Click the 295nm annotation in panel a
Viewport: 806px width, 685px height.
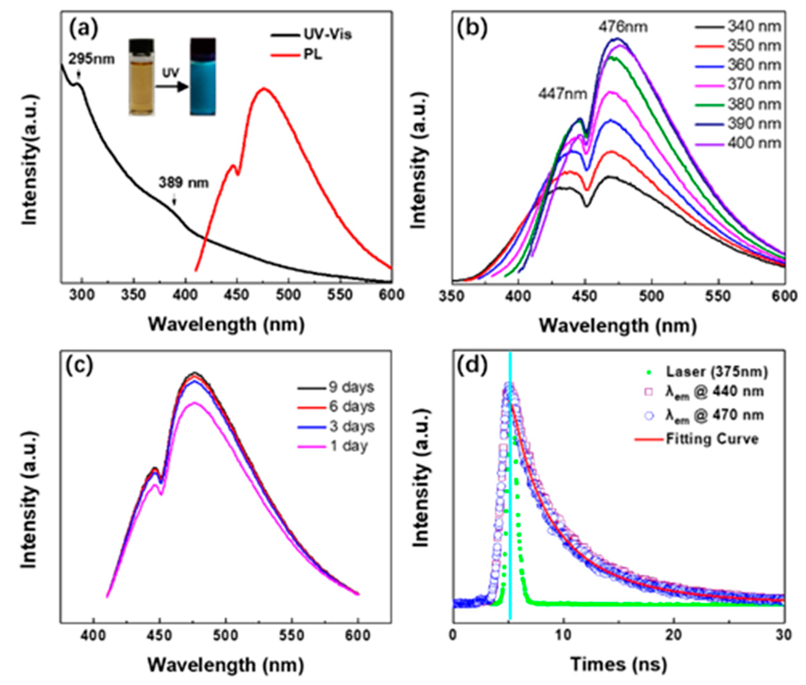coord(92,59)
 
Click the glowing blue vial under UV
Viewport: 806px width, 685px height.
coord(203,77)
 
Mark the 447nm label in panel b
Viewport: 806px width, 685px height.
coord(563,94)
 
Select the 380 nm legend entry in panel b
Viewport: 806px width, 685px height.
coord(753,104)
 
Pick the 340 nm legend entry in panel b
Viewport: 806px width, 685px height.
coord(753,27)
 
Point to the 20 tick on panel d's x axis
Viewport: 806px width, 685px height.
coord(673,636)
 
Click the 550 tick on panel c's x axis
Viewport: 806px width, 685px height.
coord(292,636)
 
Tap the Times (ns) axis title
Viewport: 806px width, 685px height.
coord(618,664)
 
